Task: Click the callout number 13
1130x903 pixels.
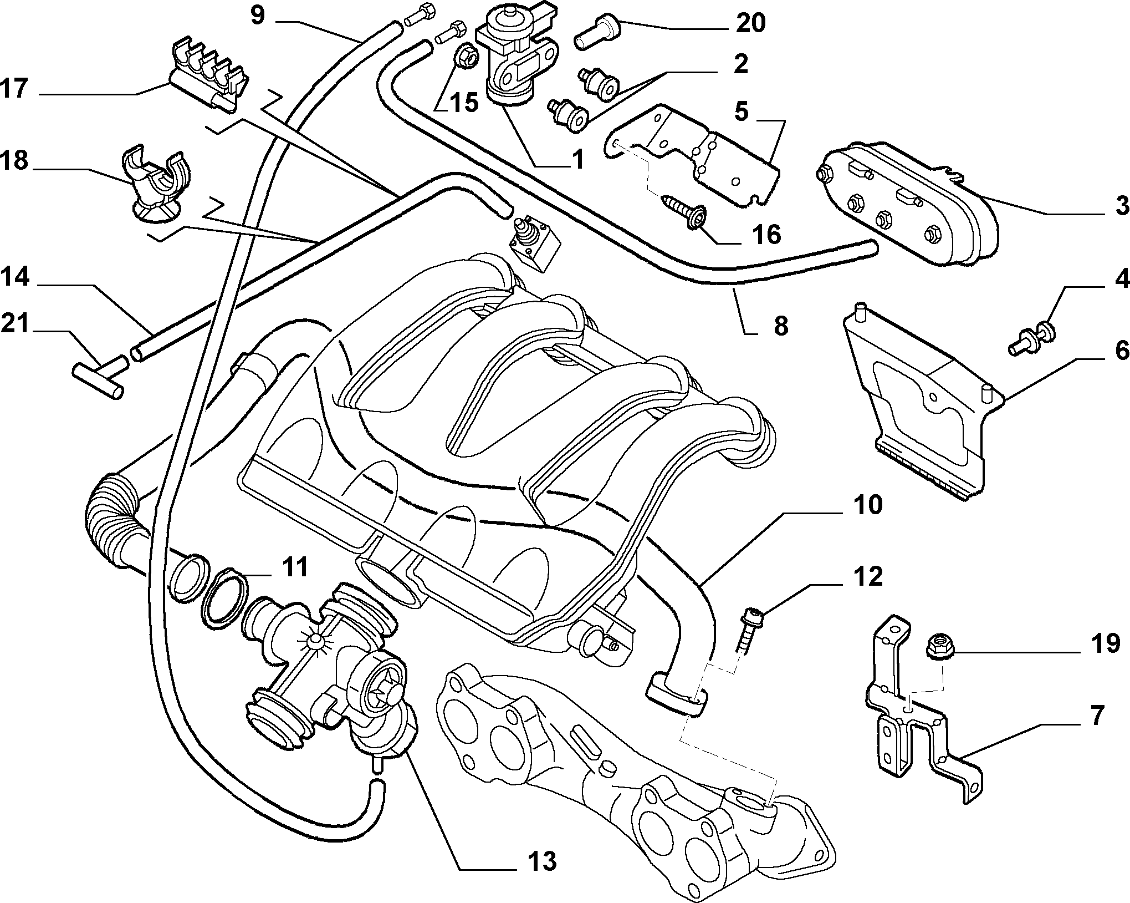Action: [x=541, y=861]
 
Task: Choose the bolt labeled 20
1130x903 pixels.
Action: [x=597, y=33]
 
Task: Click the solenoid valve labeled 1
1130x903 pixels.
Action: [x=515, y=55]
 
